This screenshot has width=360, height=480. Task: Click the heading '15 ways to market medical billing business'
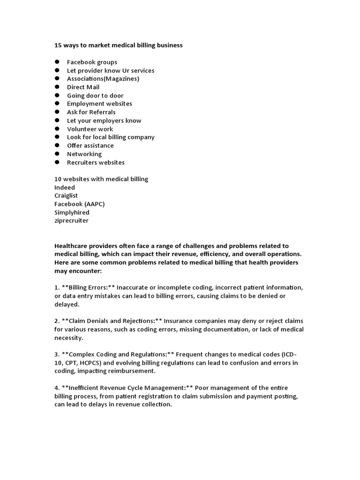(x=118, y=45)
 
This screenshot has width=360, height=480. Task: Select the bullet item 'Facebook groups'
(x=92, y=62)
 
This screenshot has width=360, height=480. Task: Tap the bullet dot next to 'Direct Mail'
(x=57, y=87)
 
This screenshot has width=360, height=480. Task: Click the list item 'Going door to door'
(x=95, y=96)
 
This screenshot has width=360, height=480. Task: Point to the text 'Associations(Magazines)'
(x=103, y=79)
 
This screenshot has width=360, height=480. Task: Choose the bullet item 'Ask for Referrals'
(x=91, y=112)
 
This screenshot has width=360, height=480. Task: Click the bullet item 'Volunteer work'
(x=90, y=129)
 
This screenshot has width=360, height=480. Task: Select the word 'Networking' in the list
(x=84, y=154)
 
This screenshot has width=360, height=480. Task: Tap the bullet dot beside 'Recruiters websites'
(x=57, y=162)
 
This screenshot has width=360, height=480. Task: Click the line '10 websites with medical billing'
(x=101, y=179)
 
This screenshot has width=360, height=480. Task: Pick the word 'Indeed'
(x=65, y=187)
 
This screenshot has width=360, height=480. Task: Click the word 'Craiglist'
(x=66, y=195)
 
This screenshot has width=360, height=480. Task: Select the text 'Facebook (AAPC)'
(x=79, y=204)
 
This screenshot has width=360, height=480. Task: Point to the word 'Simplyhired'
(x=72, y=212)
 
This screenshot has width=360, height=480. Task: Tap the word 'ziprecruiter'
(x=71, y=220)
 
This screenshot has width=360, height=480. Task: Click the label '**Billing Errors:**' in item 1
(x=88, y=287)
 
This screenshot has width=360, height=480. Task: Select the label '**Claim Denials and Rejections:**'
(x=112, y=321)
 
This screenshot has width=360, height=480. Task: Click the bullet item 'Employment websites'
(x=99, y=104)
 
